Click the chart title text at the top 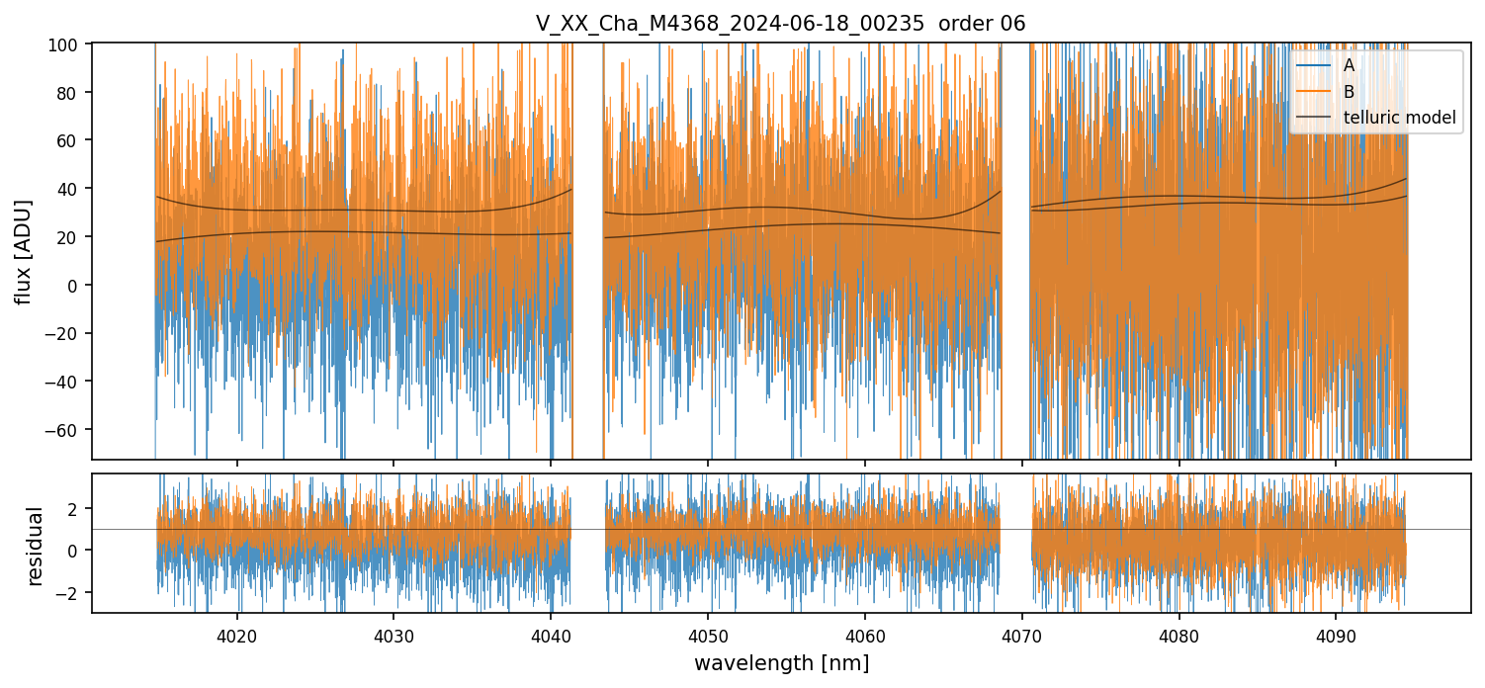coord(780,24)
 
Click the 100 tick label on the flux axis coord(68,43)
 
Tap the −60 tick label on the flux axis coord(64,430)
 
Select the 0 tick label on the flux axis coord(77,285)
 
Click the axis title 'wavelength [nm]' coord(781,662)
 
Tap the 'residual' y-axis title coord(36,546)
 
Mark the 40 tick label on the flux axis coord(72,189)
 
